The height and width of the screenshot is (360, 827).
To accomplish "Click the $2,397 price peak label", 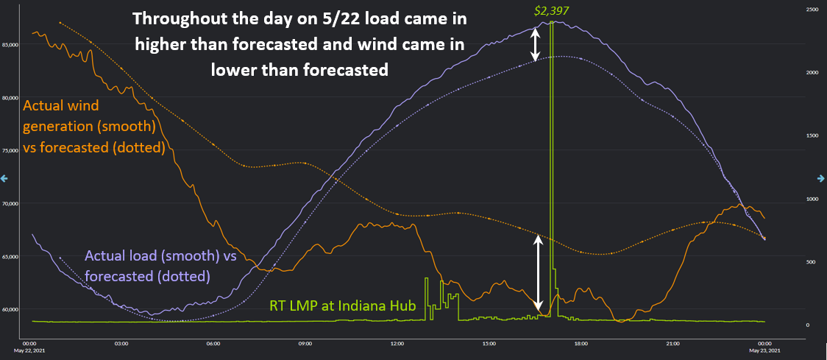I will (551, 11).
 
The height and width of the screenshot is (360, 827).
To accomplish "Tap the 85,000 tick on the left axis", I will (11, 45).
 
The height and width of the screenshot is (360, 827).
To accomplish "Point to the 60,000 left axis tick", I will (11, 310).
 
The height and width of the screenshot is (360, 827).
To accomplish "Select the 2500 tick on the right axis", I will (812, 10).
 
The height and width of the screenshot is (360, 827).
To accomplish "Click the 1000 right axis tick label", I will (812, 199).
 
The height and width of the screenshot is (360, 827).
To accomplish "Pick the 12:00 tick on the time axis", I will (397, 343).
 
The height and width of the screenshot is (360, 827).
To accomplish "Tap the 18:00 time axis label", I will (581, 343).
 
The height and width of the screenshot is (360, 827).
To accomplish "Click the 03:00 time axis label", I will (122, 343).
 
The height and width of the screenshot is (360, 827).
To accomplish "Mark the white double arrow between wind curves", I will (538, 273).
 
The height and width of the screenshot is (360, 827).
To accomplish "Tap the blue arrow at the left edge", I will (4, 178).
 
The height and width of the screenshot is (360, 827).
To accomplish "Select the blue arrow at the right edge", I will (822, 178).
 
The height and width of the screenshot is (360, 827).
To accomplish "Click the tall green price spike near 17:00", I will (551, 147).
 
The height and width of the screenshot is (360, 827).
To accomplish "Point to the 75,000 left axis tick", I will (11, 151).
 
